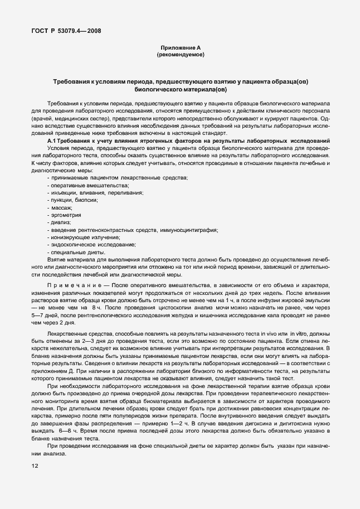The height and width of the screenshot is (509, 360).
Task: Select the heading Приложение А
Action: tap(180, 49)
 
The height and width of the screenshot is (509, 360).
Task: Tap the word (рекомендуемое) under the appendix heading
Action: tap(180, 55)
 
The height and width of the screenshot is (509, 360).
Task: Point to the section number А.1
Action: tap(53, 142)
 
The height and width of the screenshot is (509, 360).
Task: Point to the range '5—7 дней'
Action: tap(44, 314)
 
